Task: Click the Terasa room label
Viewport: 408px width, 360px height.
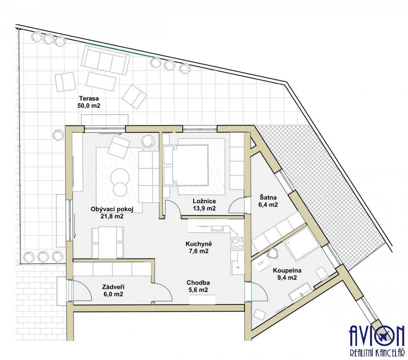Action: click(89, 99)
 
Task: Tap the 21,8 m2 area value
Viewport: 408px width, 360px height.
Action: click(112, 216)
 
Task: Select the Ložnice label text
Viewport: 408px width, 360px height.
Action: click(204, 201)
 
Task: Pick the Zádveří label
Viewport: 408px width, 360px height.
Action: click(113, 287)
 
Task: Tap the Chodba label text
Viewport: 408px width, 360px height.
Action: click(198, 283)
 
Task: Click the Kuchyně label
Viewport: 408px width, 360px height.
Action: click(199, 244)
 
